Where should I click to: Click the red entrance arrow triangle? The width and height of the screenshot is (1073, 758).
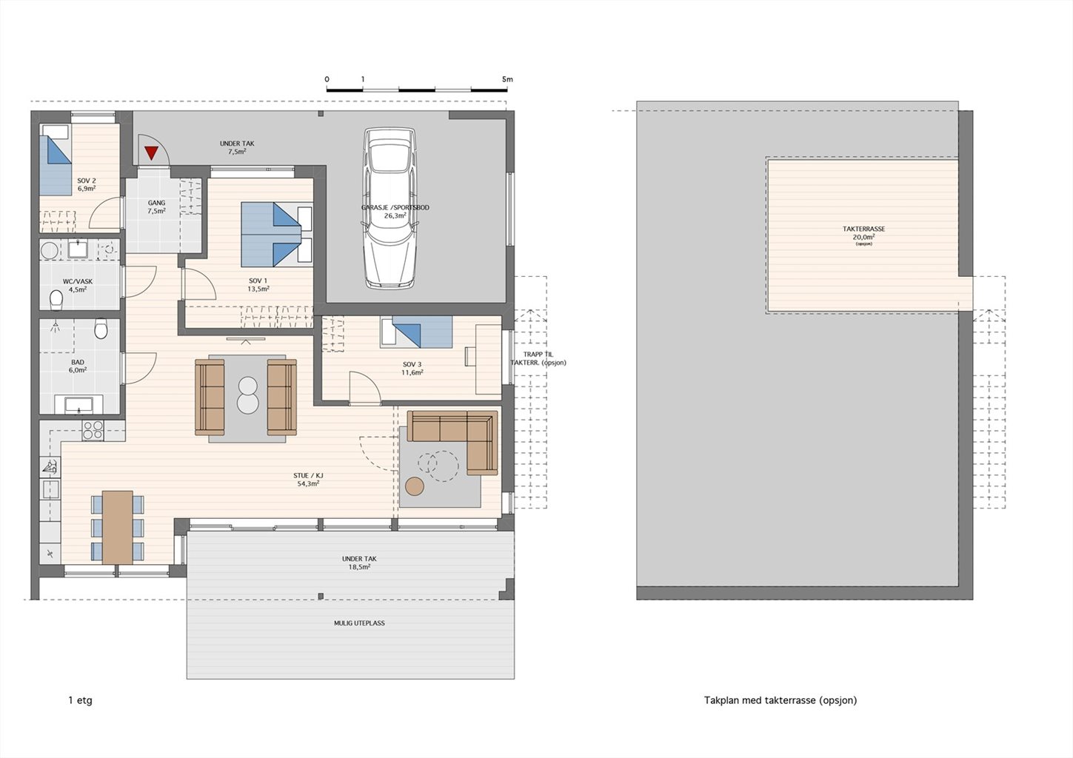tap(151, 152)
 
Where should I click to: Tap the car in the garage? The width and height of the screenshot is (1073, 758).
tap(389, 208)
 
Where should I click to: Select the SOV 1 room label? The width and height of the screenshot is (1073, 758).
tap(258, 281)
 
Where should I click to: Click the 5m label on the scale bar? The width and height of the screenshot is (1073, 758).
tap(507, 79)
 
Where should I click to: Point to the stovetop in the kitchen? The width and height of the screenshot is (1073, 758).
tap(93, 430)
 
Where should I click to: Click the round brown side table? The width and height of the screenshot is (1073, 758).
tap(415, 486)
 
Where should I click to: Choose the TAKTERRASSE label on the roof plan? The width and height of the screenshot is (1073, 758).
tap(863, 229)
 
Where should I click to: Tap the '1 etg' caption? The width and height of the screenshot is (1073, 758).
tap(81, 700)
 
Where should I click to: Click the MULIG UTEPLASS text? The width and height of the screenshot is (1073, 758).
tap(359, 623)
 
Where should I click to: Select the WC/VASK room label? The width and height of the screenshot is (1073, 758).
tap(78, 281)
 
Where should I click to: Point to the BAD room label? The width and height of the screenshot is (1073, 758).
tap(78, 362)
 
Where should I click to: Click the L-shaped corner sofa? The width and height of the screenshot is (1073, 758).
tap(452, 442)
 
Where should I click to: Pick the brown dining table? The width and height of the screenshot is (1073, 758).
tap(117, 527)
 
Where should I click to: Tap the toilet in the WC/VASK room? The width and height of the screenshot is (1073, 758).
tap(56, 300)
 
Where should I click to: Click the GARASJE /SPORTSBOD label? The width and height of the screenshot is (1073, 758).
tap(395, 207)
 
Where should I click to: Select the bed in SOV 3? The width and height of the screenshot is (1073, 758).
tap(416, 332)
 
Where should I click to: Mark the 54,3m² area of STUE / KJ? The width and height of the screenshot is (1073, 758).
tap(308, 483)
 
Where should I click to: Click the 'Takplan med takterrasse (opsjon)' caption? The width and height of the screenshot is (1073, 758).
tap(780, 700)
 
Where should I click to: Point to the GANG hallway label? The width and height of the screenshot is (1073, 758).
tap(157, 203)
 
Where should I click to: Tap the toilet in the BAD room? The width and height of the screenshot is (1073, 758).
tap(101, 329)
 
